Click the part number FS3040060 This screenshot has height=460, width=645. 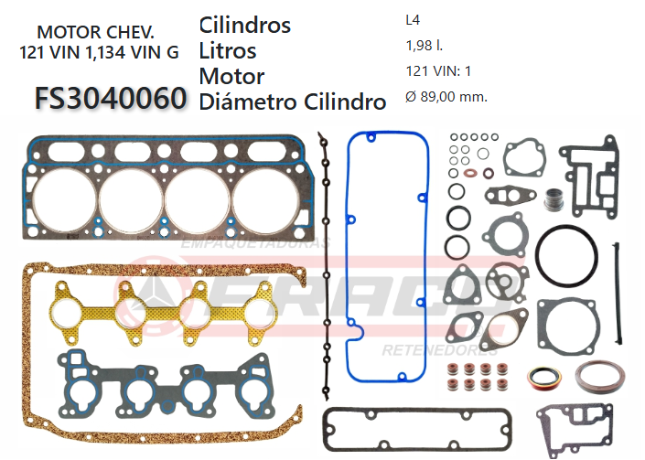tap(111, 98)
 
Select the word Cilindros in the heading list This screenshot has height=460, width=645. tap(244, 25)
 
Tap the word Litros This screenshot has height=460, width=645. tap(227, 50)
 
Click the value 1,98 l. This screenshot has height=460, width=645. tap(424, 45)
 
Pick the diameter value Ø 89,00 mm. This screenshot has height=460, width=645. tap(446, 96)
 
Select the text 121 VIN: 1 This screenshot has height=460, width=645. tap(438, 70)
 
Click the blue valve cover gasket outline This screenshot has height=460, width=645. tap(349, 265)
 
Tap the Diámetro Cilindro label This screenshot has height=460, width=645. tap(292, 102)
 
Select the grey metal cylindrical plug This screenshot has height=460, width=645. tap(552, 198)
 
